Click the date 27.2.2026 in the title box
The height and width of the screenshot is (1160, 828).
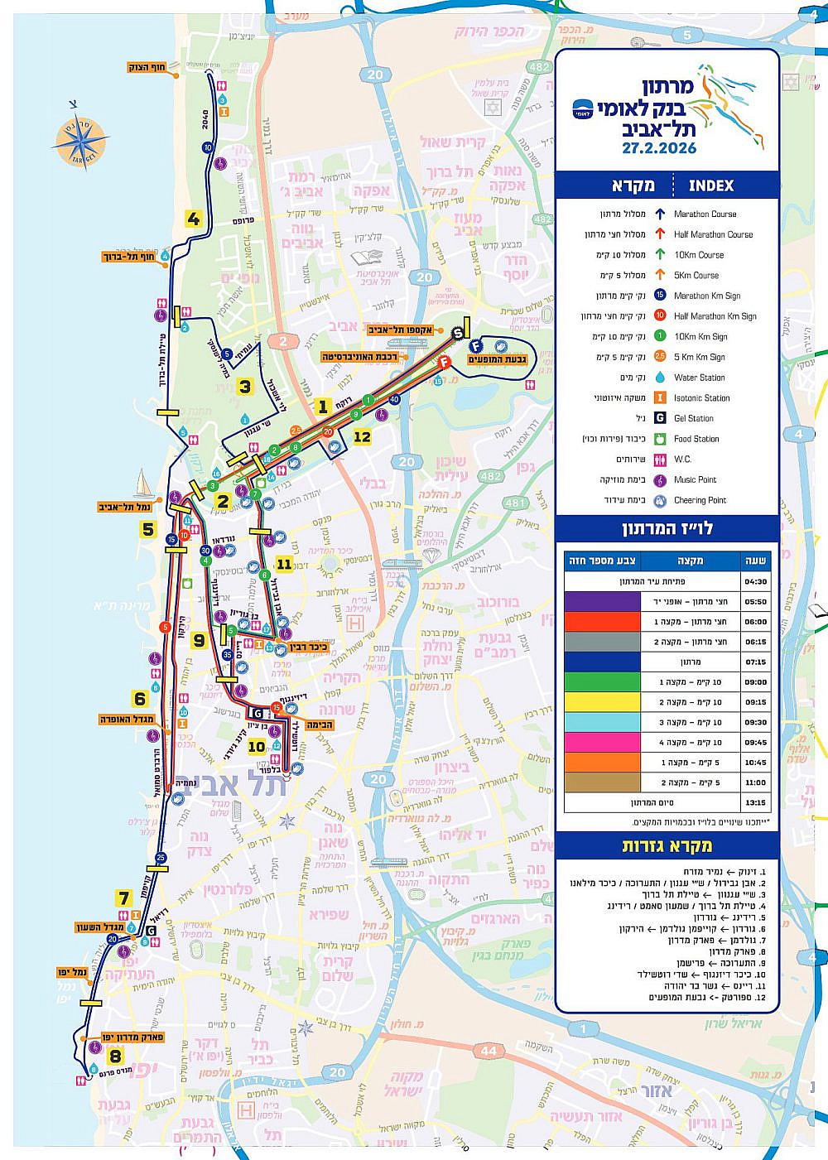(x=659, y=148)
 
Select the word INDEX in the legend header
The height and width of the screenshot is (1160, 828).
(x=711, y=185)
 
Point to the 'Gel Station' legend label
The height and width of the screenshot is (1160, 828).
(x=693, y=418)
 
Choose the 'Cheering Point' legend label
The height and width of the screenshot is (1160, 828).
(x=700, y=500)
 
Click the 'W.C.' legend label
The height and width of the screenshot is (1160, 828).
(x=682, y=459)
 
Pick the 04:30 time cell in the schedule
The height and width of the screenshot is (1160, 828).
(x=756, y=581)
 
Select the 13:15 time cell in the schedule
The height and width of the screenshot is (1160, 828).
(x=756, y=802)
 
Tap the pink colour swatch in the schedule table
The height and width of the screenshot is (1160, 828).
(x=602, y=742)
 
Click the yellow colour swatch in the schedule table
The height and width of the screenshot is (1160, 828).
(x=602, y=702)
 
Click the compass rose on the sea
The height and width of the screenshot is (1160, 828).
(x=74, y=141)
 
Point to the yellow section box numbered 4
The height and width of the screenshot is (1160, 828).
(x=194, y=219)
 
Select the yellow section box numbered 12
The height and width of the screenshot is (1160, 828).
(x=362, y=436)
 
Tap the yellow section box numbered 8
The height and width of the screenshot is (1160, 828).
(x=115, y=1056)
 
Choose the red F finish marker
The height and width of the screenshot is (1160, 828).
(x=445, y=362)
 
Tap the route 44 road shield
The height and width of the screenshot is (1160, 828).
(x=489, y=1051)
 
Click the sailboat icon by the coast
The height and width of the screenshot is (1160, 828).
(x=143, y=483)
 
